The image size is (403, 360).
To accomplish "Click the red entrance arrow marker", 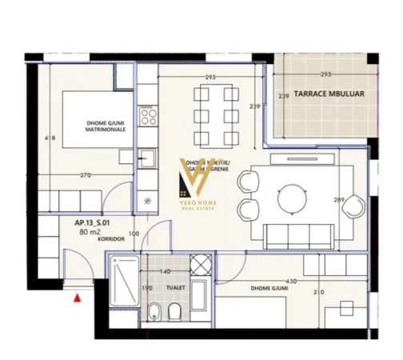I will (77, 298).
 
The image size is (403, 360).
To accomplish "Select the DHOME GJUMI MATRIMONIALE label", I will (106, 126).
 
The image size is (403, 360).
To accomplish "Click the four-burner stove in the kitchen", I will (148, 118).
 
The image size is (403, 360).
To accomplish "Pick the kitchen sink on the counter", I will (148, 158).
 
